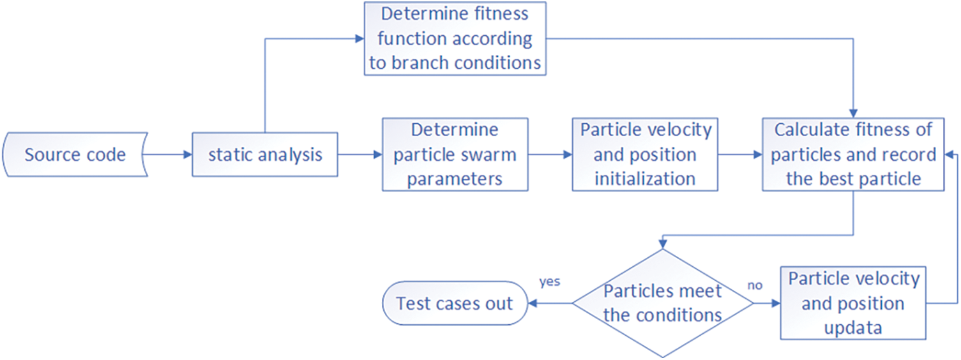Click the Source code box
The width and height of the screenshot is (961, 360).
[75, 154]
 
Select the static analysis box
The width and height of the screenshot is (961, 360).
[264, 154]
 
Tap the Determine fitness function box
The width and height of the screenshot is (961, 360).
[455, 39]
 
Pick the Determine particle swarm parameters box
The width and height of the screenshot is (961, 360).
[455, 154]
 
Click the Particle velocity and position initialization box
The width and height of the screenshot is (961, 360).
[645, 154]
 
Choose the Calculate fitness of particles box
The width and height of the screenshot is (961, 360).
[853, 154]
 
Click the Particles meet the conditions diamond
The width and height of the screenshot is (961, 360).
[663, 303]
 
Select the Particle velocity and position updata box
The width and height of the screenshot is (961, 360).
[852, 303]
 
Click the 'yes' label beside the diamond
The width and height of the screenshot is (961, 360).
[550, 281]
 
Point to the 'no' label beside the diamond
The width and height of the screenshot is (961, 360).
[755, 285]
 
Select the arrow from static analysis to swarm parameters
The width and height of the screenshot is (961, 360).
[359, 154]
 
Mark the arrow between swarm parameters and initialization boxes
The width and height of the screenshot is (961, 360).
[550, 154]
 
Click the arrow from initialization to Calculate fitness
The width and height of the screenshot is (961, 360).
[740, 154]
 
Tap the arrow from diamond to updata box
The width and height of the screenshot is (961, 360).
[766, 303]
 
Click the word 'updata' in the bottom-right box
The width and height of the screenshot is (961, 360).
[852, 328]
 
